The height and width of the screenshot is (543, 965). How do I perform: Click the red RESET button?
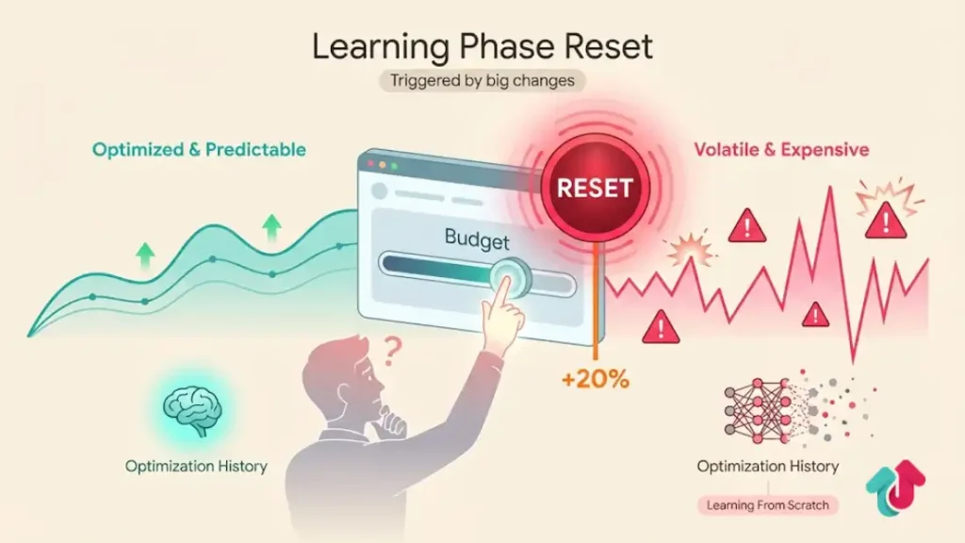[594, 187]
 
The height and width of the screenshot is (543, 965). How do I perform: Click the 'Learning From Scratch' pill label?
[767, 505]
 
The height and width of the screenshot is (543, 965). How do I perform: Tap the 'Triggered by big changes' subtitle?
[482, 80]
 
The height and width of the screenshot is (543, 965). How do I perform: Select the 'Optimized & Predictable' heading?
[199, 149]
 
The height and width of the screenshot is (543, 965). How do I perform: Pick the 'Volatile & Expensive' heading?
[781, 149]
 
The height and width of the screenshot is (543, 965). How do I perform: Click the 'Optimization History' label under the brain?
[196, 466]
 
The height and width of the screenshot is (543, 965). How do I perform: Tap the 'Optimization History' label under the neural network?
[767, 466]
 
